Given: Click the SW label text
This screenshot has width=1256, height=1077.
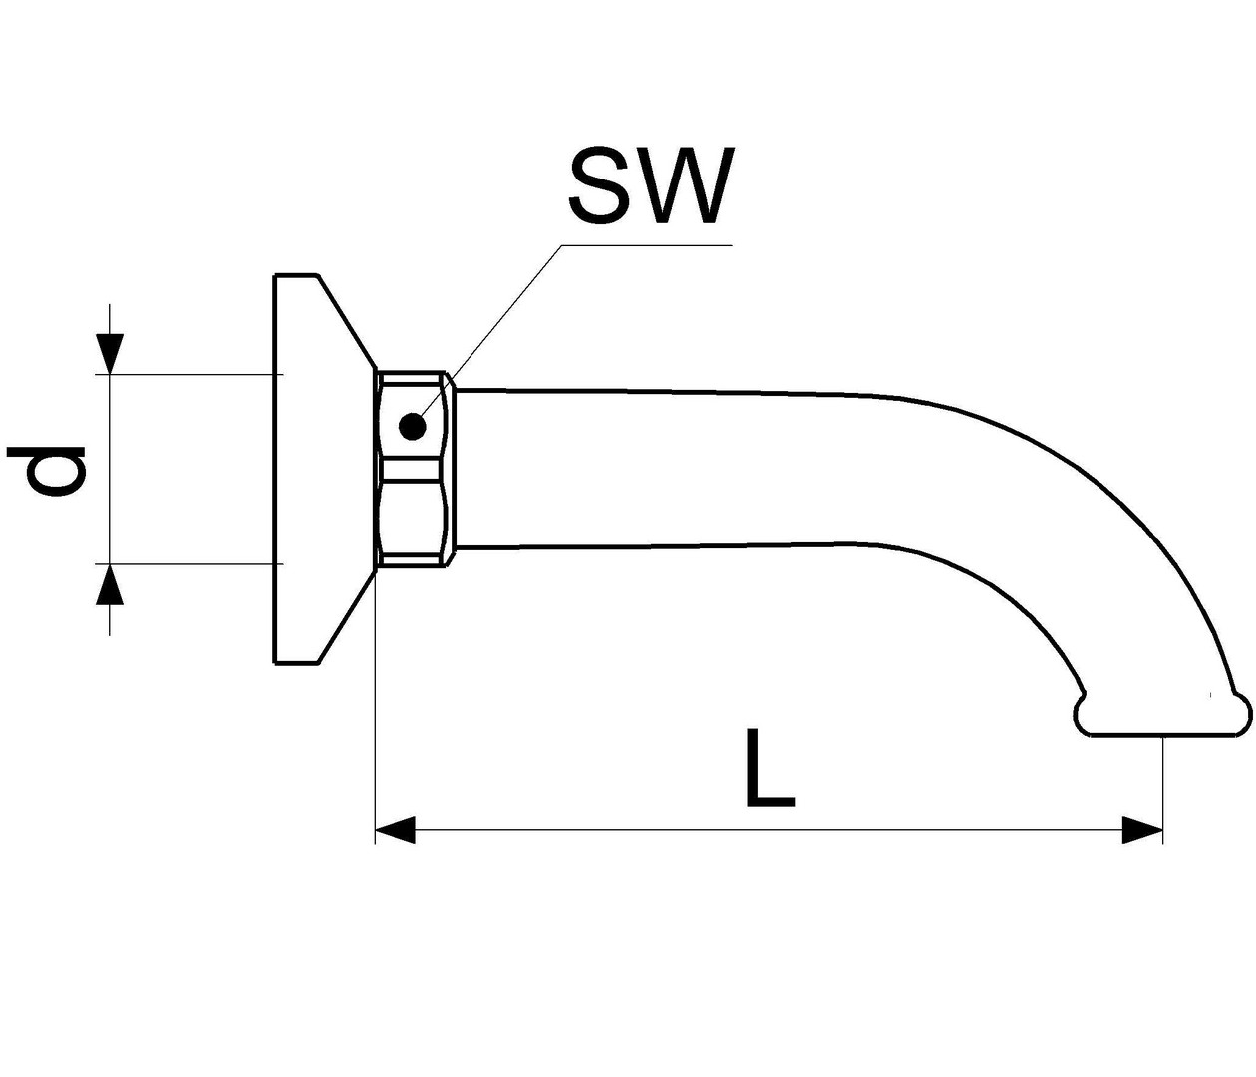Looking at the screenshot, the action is pyautogui.click(x=652, y=185).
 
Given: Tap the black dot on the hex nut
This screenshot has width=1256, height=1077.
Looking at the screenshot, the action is pyautogui.click(x=413, y=426).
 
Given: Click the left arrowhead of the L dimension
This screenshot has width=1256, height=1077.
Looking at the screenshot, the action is pyautogui.click(x=395, y=831).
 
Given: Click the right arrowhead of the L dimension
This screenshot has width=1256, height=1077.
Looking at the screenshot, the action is pyautogui.click(x=1142, y=831).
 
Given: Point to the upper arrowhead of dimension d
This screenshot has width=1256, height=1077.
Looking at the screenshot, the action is pyautogui.click(x=110, y=354).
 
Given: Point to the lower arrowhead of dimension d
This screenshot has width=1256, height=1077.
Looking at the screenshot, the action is pyautogui.click(x=110, y=584).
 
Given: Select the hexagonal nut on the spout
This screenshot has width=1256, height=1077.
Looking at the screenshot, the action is pyautogui.click(x=415, y=470).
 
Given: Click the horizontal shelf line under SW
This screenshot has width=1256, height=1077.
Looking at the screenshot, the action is pyautogui.click(x=647, y=245).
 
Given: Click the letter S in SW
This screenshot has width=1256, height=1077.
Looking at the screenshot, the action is pyautogui.click(x=601, y=185).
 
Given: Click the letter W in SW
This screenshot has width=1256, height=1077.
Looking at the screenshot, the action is pyautogui.click(x=687, y=185).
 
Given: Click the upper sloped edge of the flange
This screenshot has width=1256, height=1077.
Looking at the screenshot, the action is pyautogui.click(x=346, y=322).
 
